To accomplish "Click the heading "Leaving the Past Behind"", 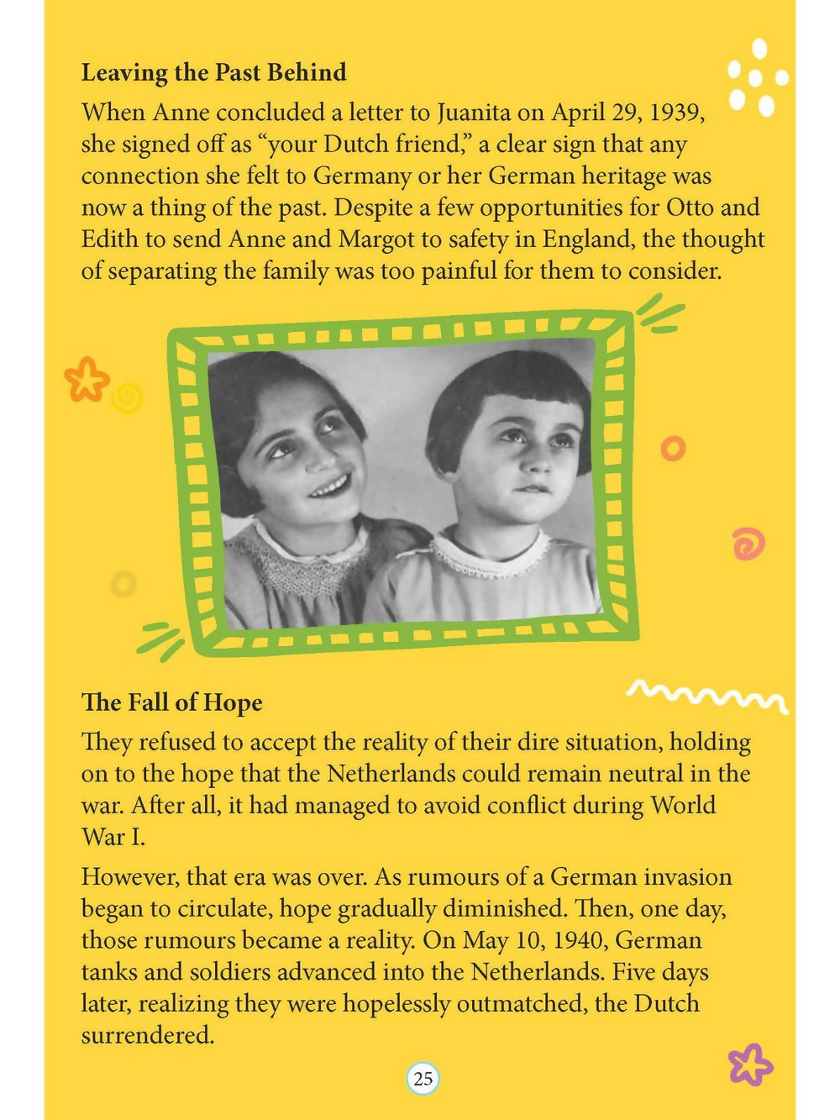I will coord(213,73).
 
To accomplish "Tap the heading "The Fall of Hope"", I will coord(171,702).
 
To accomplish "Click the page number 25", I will coord(423,1079).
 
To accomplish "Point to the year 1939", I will coord(676,113).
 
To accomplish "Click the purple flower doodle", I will coord(749,1065).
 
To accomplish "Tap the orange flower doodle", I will coord(86,379).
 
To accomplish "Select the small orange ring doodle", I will coord(673,449).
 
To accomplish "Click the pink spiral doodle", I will coord(748,544).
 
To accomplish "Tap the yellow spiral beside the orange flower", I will coord(127,398).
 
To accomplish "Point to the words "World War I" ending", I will coord(113,837).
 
